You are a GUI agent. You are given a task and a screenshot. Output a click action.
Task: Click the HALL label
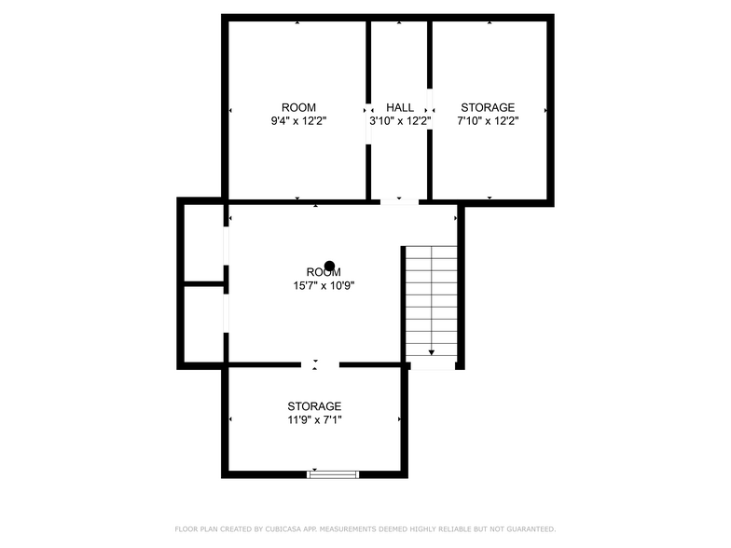pyautogui.click(x=399, y=108)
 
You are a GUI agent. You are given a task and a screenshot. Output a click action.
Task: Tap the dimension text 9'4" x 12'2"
pyautogui.click(x=298, y=121)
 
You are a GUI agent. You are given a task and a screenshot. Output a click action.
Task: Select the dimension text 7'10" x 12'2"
pyautogui.click(x=488, y=121)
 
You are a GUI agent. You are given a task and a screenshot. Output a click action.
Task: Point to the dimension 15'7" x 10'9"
pyautogui.click(x=324, y=285)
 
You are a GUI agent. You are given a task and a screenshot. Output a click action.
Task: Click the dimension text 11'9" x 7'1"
pyautogui.click(x=314, y=420)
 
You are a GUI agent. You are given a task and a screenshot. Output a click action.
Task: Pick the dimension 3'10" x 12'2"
pyautogui.click(x=400, y=121)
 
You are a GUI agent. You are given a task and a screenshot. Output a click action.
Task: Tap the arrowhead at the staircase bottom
pyautogui.click(x=431, y=352)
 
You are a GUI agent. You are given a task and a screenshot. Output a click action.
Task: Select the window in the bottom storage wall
pyautogui.click(x=333, y=474)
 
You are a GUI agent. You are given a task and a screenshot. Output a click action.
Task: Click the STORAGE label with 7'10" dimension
pyautogui.click(x=488, y=108)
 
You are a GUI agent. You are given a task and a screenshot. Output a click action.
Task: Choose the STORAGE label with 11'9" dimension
pyautogui.click(x=314, y=406)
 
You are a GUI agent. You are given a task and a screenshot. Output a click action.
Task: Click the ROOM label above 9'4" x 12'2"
pyautogui.click(x=298, y=108)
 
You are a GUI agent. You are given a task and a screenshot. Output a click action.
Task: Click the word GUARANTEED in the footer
pyautogui.click(x=531, y=529)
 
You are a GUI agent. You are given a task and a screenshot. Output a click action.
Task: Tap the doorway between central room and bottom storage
pyautogui.click(x=320, y=364)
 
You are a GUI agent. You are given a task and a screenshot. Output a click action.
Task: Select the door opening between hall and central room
pyautogui.click(x=399, y=201)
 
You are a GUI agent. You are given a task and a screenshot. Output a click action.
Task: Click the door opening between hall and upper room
pyautogui.click(x=368, y=123)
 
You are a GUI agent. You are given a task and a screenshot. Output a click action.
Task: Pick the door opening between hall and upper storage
pyautogui.click(x=430, y=109)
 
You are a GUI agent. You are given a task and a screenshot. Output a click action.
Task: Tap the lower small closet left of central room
pyautogui.click(x=204, y=324)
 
